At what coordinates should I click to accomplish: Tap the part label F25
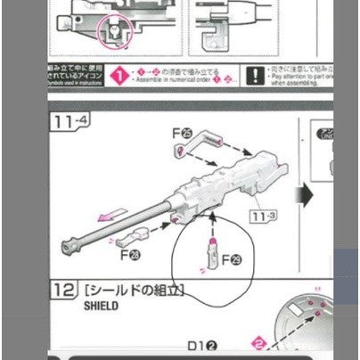[182, 134]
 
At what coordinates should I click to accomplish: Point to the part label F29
[230, 259]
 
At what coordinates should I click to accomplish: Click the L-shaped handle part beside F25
[211, 141]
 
